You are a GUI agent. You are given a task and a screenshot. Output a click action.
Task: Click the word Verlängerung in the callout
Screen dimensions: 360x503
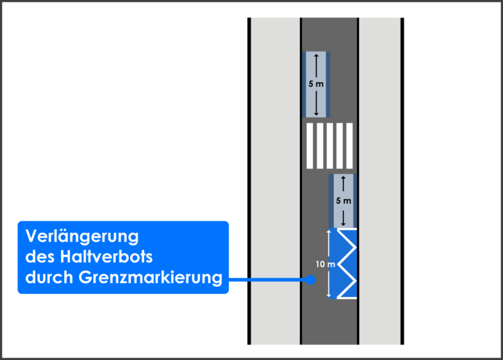[82, 237]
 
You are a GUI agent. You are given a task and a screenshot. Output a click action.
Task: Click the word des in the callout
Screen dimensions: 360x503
[37, 257]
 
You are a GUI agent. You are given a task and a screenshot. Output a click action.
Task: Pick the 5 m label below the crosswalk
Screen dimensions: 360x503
[343, 201]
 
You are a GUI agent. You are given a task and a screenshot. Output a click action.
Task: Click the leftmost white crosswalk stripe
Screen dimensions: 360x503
[309, 146]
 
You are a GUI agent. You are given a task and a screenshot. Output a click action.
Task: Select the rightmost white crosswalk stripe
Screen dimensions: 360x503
[350, 146]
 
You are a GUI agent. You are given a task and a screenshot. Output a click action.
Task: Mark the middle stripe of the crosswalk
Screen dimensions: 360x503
[329, 146]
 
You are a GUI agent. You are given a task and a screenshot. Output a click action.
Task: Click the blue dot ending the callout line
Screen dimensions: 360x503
[311, 280]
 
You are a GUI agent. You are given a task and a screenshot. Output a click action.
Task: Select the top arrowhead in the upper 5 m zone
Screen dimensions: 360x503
[316, 55]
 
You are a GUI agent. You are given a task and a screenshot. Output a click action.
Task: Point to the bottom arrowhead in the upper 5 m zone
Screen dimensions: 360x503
[316, 113]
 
